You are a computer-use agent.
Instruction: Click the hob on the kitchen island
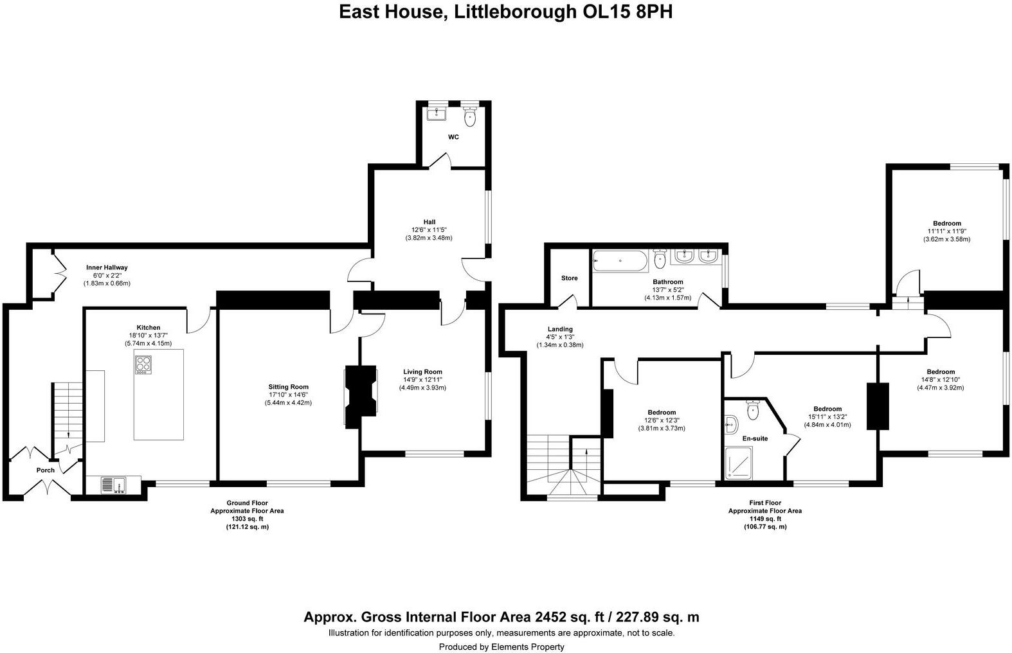coord(143,365)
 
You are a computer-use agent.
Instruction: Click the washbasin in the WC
coord(437,113)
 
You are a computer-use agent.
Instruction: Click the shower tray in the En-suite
coord(742,463)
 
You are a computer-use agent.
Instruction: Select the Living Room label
coord(422,371)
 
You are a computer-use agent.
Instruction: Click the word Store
coord(569,278)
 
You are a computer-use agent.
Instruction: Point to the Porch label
coord(46,470)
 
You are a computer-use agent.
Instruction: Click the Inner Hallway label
coord(107,267)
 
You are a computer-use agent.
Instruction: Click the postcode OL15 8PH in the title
coord(622,11)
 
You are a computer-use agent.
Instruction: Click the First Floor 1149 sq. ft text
coord(764,519)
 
